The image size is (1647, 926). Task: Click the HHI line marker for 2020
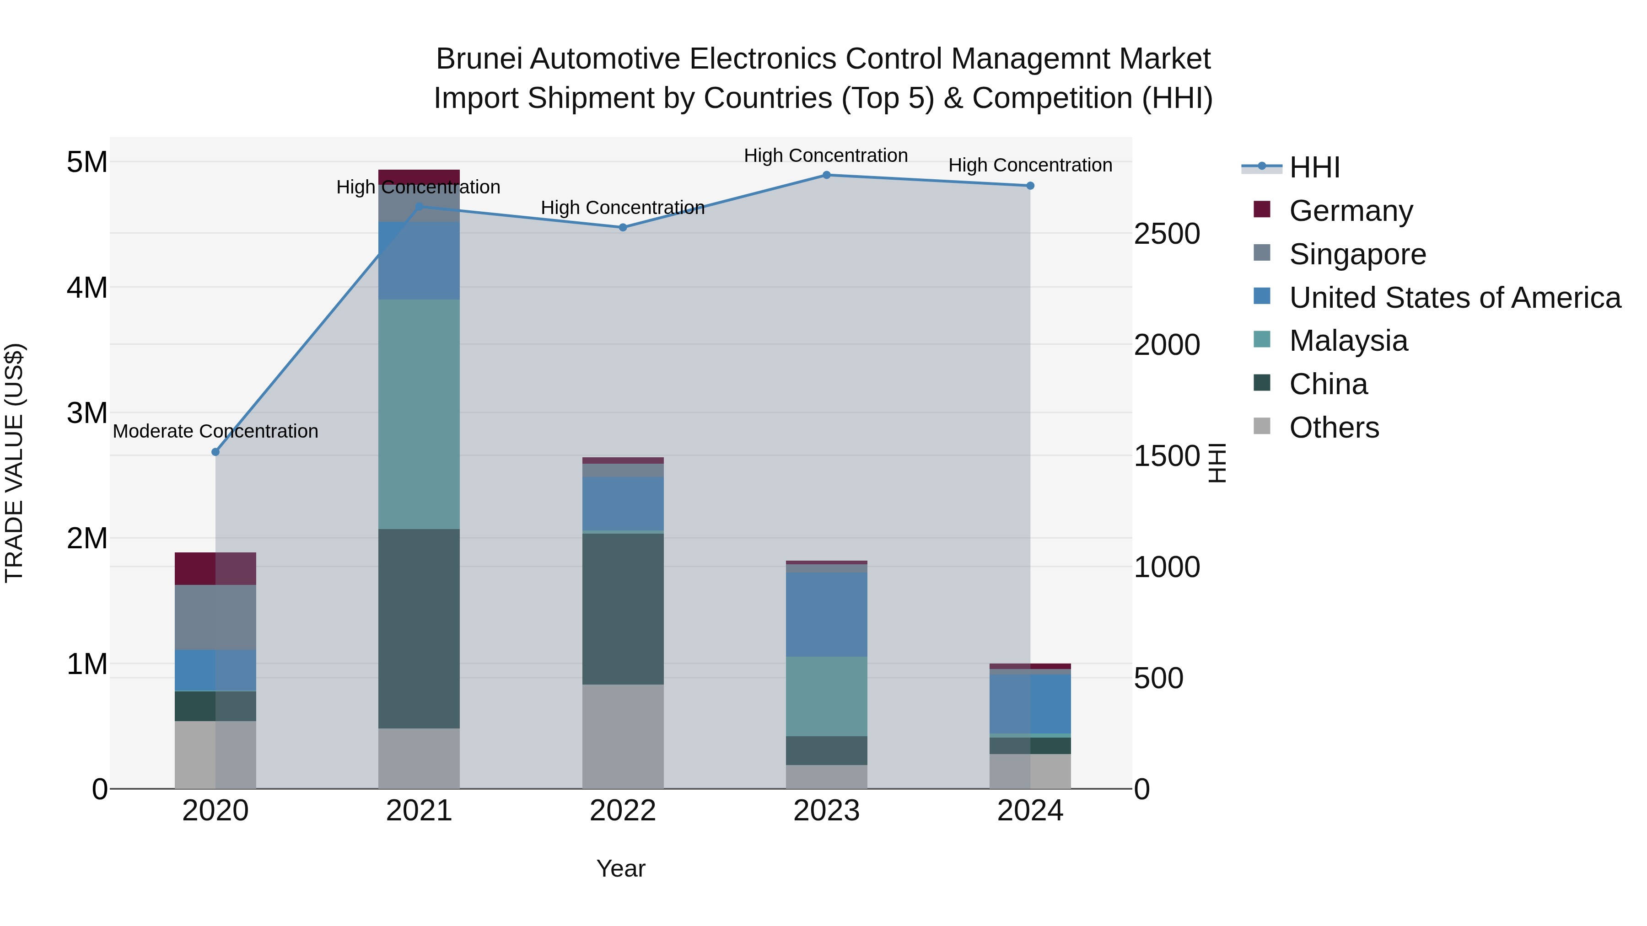coord(215,452)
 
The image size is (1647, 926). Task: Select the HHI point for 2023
coord(826,175)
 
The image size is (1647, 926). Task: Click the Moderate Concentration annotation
coord(215,431)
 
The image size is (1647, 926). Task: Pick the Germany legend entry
coord(1351,211)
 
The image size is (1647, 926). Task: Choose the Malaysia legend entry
coord(1348,341)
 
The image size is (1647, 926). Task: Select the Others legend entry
coord(1334,428)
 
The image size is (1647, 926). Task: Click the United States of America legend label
coord(1454,298)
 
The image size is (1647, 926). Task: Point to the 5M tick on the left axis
coord(87,162)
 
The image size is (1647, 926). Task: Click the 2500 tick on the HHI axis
coord(1167,234)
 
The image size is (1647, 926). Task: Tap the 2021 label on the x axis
coord(419,811)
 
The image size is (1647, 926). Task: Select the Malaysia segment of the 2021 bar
coord(419,414)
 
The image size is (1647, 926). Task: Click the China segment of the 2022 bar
coord(623,608)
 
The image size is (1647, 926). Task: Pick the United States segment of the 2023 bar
coord(826,614)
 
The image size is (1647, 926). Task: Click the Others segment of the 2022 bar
coord(623,736)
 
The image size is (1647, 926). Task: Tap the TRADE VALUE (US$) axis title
coord(14,463)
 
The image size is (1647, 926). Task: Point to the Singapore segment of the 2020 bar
coord(215,617)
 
